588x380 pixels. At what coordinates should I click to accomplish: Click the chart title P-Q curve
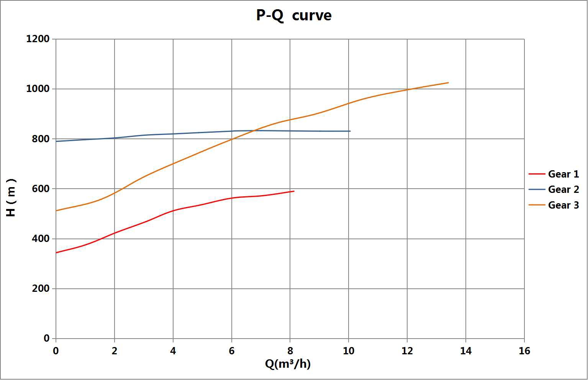tap(293, 16)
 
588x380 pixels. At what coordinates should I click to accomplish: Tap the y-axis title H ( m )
tap(11, 197)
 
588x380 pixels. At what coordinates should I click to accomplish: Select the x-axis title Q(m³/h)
tap(288, 364)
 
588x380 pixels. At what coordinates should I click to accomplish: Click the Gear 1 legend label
tap(563, 174)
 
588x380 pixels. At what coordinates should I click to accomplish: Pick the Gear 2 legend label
tap(563, 189)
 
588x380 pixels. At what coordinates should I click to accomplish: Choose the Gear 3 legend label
tap(563, 205)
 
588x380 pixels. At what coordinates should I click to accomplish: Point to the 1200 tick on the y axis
tap(38, 39)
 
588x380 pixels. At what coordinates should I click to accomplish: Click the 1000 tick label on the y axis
tap(38, 89)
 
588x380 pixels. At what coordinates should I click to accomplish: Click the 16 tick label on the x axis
tap(524, 351)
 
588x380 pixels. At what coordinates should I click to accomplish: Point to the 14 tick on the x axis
tap(466, 351)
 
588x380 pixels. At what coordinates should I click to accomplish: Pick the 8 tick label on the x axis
tap(290, 351)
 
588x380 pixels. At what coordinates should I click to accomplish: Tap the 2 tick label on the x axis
tap(115, 351)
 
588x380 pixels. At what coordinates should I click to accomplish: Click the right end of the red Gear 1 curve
tap(294, 191)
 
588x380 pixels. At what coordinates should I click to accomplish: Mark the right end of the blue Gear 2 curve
tap(350, 131)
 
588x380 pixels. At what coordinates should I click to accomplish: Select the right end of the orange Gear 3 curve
tap(448, 83)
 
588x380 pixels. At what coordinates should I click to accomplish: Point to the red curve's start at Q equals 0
tap(56, 253)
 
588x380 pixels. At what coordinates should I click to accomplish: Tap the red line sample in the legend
tap(537, 174)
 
